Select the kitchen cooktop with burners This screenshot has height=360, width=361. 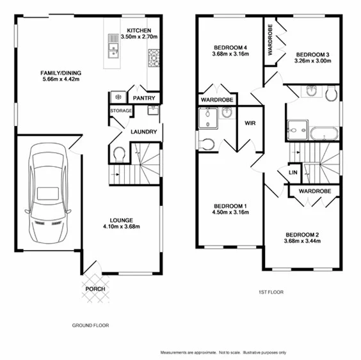[154, 60]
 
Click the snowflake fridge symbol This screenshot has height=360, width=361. [118, 97]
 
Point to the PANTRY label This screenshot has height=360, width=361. [144, 98]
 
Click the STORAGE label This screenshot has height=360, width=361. [120, 111]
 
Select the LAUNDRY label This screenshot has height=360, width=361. [144, 132]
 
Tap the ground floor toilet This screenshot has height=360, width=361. [119, 153]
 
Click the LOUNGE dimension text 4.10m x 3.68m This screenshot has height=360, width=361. [122, 226]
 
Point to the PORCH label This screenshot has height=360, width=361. [95, 288]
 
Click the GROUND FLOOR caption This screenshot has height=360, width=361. [90, 325]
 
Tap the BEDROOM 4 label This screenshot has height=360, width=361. [231, 47]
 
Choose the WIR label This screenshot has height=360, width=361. [250, 125]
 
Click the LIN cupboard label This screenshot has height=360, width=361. [293, 172]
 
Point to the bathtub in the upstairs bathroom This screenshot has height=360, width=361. [324, 134]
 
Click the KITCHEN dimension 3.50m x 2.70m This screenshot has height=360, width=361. [139, 37]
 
